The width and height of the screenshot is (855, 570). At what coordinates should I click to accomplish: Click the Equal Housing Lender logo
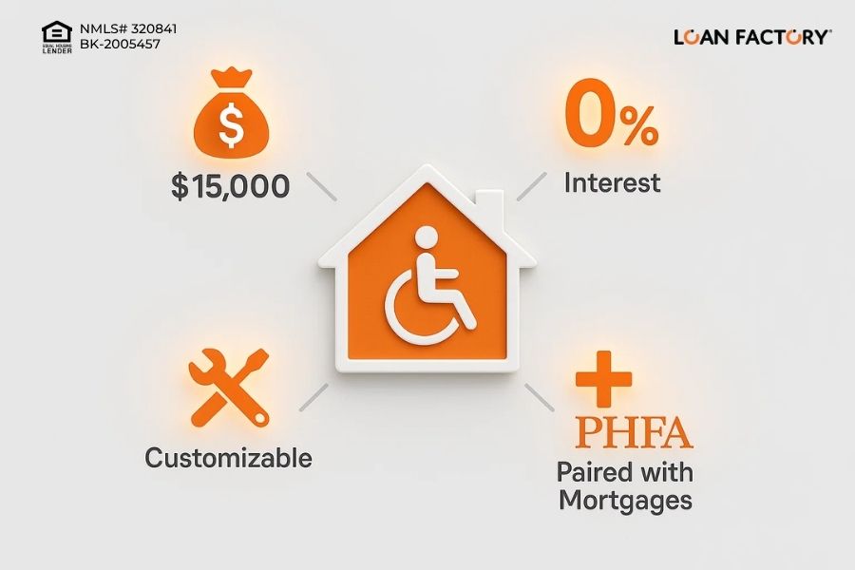(x=57, y=37)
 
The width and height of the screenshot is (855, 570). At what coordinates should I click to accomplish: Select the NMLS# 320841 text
(x=128, y=28)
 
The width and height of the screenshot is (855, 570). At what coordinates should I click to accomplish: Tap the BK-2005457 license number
(x=120, y=45)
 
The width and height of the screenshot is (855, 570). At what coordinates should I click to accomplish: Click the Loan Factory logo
(x=752, y=37)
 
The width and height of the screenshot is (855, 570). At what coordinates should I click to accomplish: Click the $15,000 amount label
(x=230, y=186)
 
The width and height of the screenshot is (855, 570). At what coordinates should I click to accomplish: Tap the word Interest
(x=612, y=182)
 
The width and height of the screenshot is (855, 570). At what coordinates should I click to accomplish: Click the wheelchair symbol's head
(x=427, y=238)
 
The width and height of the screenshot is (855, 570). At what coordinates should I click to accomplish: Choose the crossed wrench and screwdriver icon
(x=229, y=388)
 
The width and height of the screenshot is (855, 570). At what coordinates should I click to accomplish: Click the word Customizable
(x=228, y=458)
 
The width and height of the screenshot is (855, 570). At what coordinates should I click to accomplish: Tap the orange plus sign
(x=603, y=379)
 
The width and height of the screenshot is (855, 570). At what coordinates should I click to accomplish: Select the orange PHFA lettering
(x=635, y=433)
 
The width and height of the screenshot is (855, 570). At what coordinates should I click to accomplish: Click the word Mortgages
(x=625, y=501)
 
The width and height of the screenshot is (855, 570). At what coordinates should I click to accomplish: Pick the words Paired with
(x=625, y=472)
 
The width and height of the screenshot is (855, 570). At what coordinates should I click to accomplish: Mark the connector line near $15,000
(x=322, y=186)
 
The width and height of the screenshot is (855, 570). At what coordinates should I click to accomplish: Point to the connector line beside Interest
(x=532, y=186)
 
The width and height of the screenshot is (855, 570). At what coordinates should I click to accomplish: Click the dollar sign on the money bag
(x=231, y=124)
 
